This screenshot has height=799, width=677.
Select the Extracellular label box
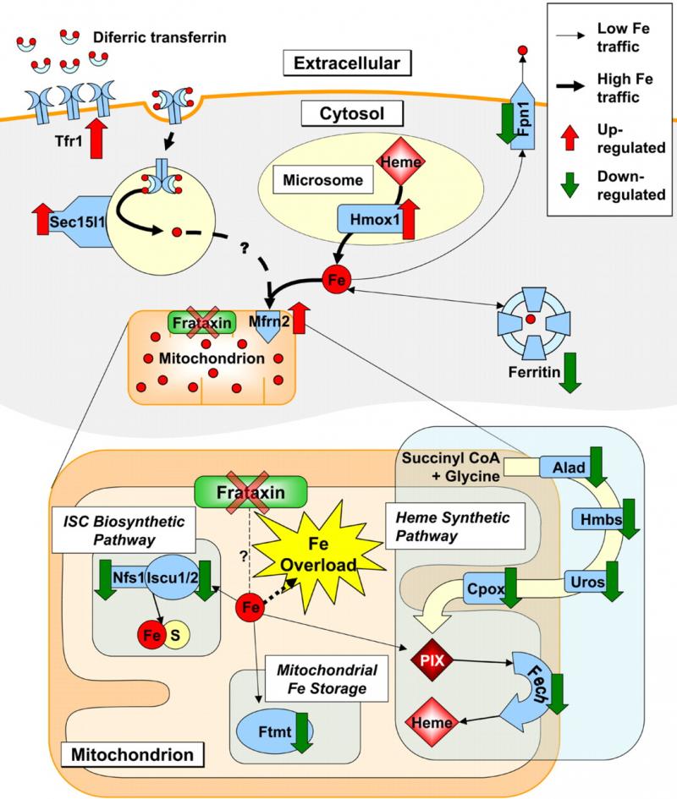click(x=347, y=62)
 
